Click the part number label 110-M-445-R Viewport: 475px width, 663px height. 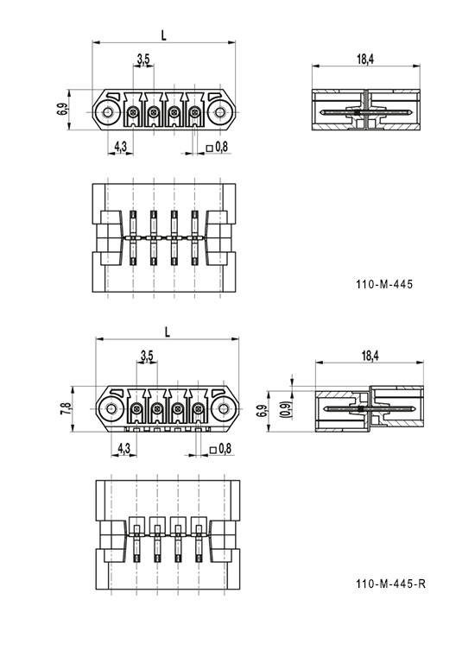[x=390, y=584]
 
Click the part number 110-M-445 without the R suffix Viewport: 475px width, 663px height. [x=383, y=284]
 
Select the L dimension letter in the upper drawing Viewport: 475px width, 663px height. [x=164, y=34]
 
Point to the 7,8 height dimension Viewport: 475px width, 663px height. [x=66, y=408]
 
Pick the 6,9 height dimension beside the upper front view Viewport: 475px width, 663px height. [x=61, y=110]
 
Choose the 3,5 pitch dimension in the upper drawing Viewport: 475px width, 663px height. [x=143, y=59]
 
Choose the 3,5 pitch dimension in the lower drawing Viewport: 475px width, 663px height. [x=147, y=356]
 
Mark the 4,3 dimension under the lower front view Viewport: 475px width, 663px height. [x=123, y=447]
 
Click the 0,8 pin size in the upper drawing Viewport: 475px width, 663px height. [x=221, y=147]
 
